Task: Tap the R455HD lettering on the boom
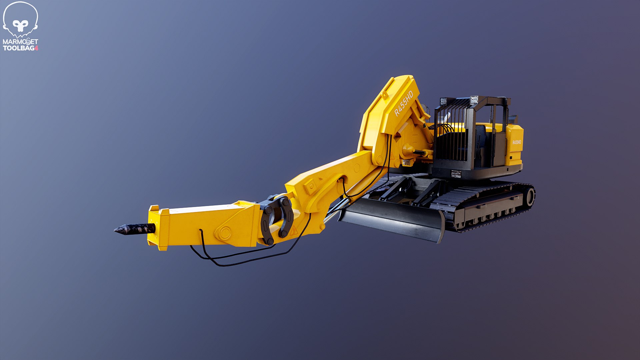pyautogui.click(x=404, y=103)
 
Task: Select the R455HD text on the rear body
pyautogui.click(x=516, y=142)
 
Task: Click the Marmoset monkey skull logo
pyautogui.click(x=20, y=20)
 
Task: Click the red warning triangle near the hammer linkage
pyautogui.click(x=294, y=231)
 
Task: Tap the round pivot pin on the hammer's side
pyautogui.click(x=224, y=232)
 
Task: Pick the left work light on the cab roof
pyautogui.click(x=443, y=101)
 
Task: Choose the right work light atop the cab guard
pyautogui.click(x=474, y=99)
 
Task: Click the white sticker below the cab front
pyautogui.click(x=456, y=174)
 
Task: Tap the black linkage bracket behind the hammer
pyautogui.click(x=277, y=218)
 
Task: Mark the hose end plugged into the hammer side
pyautogui.click(x=201, y=231)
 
